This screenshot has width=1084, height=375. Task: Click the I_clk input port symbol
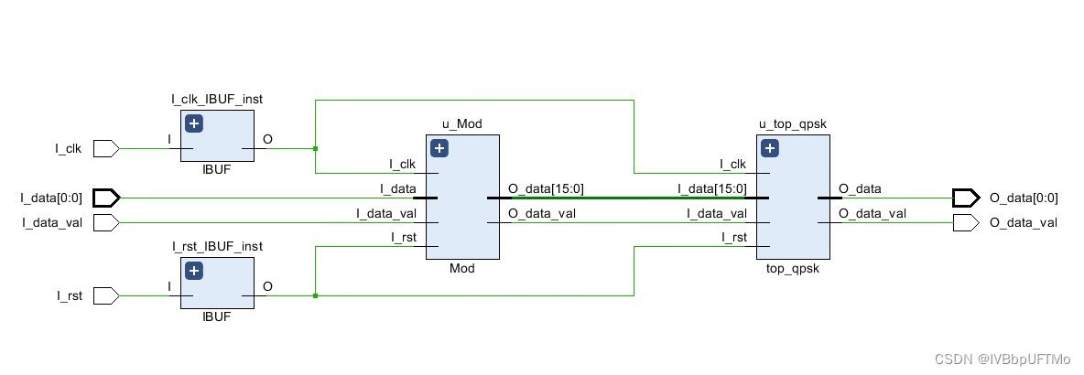[106, 148]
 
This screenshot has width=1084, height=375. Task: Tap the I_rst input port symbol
[106, 296]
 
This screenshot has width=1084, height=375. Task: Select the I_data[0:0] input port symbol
[106, 198]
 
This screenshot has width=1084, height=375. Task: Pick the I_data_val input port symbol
[106, 222]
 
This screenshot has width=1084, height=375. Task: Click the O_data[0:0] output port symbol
[966, 198]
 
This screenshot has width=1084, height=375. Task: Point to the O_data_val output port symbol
[966, 222]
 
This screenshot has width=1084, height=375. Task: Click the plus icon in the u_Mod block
[439, 148]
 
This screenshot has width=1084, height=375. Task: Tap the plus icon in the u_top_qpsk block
[771, 148]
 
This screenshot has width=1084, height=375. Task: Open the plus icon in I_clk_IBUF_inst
[194, 123]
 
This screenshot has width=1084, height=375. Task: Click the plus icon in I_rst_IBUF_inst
[194, 272]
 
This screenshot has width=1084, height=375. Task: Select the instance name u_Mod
[461, 124]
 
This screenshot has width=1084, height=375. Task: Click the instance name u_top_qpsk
[793, 124]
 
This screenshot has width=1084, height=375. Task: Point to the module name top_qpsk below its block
[793, 269]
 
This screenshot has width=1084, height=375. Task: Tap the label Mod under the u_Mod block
[461, 268]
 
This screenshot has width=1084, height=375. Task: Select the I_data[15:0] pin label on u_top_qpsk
[712, 188]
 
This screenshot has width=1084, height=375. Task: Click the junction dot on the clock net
[315, 148]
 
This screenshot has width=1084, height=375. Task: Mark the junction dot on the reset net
[315, 296]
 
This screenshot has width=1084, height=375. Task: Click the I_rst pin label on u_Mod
[403, 238]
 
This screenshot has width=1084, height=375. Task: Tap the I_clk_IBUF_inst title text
[217, 100]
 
